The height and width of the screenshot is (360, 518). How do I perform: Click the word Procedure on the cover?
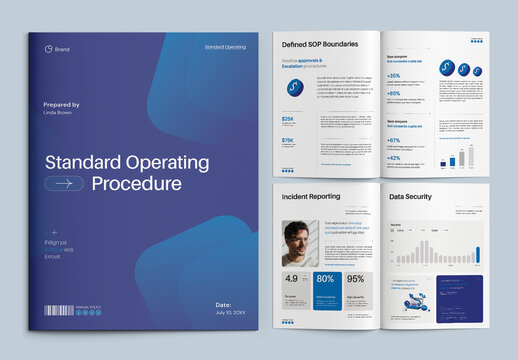pyautogui.click(x=137, y=184)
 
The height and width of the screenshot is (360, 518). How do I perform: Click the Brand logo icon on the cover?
pyautogui.click(x=48, y=47)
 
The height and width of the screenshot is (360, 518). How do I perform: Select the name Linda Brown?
pyautogui.click(x=61, y=113)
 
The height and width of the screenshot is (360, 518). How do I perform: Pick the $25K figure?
pyautogui.click(x=288, y=119)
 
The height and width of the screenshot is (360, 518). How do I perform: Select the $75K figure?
pyautogui.click(x=288, y=141)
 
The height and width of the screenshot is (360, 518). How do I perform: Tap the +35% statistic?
pyautogui.click(x=394, y=76)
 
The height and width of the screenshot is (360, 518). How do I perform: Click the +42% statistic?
pyautogui.click(x=394, y=158)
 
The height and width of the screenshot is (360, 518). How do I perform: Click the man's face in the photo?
pyautogui.click(x=296, y=238)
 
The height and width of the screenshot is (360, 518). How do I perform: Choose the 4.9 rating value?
pyautogui.click(x=291, y=279)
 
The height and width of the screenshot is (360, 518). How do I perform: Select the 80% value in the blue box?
pyautogui.click(x=324, y=279)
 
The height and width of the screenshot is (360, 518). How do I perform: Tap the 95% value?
pyautogui.click(x=355, y=279)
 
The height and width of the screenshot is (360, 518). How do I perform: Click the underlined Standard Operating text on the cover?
pyautogui.click(x=225, y=47)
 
